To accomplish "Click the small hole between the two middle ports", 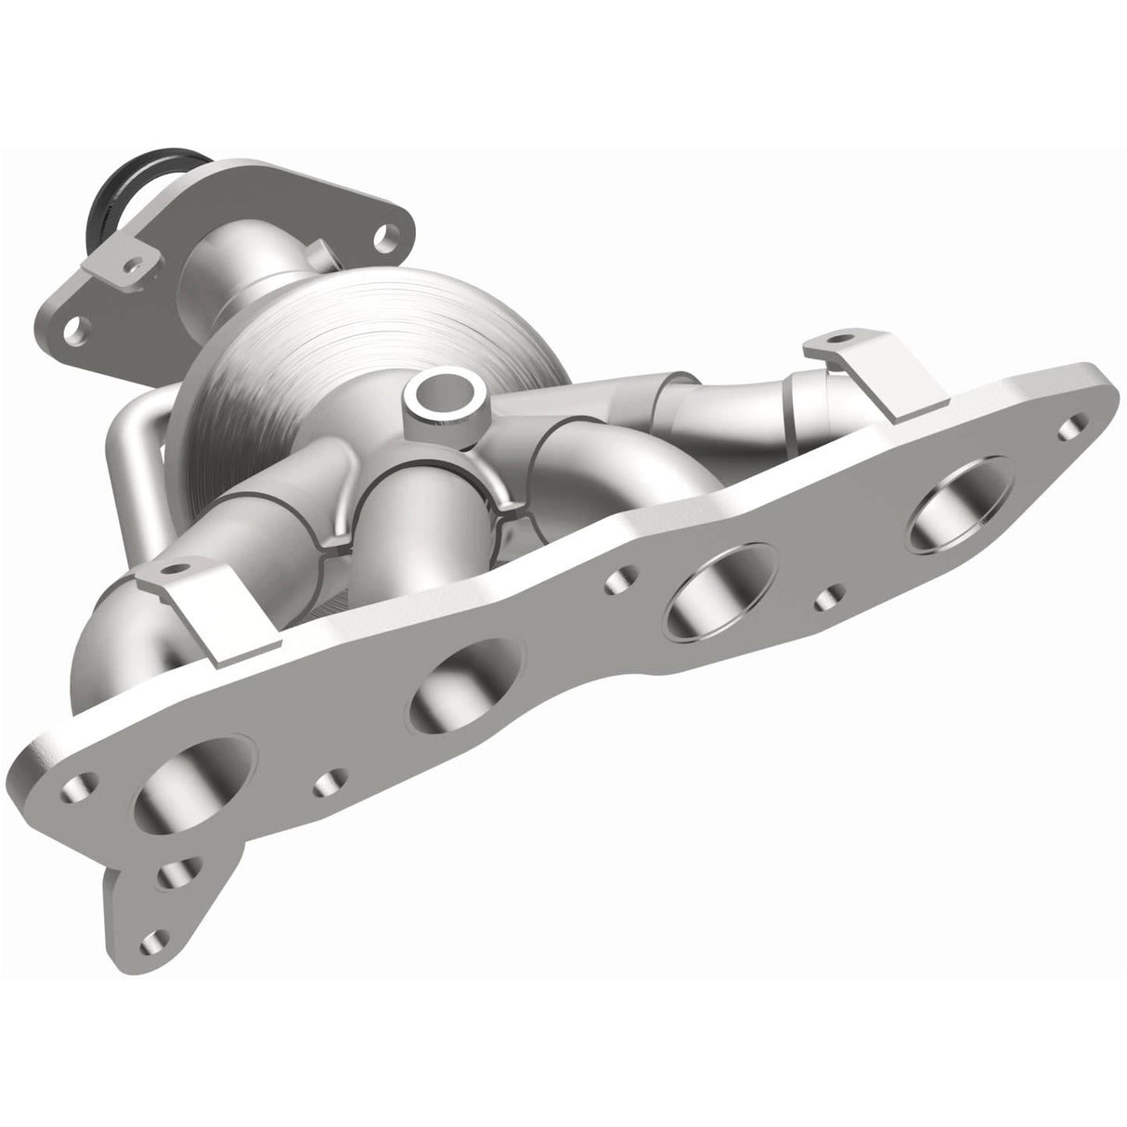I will tap(616, 582).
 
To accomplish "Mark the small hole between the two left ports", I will tap(326, 783).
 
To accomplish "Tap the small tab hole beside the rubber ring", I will tap(136, 266).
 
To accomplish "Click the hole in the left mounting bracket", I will tap(170, 570).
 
